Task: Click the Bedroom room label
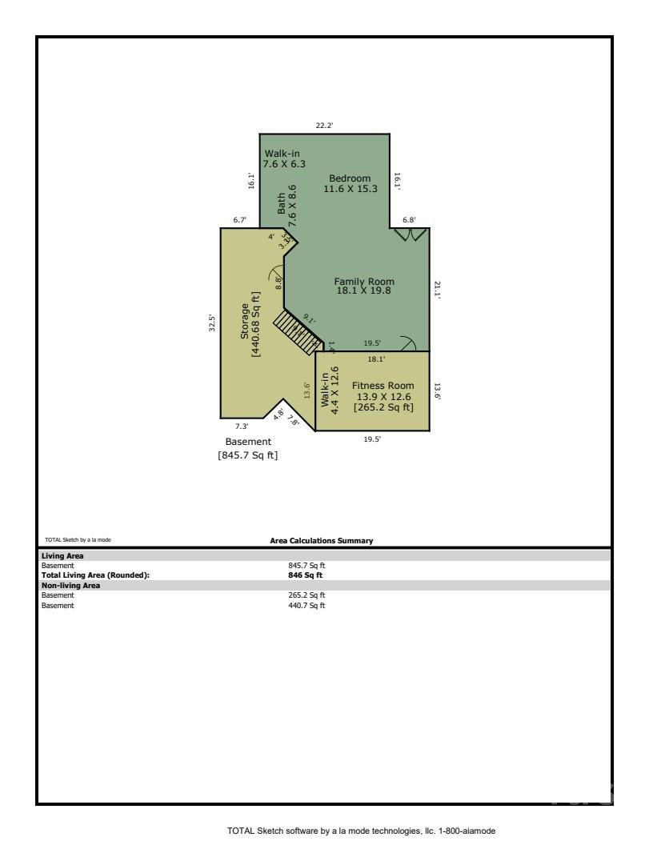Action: point(350,178)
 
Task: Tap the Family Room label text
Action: point(364,282)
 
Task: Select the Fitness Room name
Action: point(383,386)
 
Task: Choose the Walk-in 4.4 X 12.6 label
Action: point(330,387)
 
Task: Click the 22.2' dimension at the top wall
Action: point(324,125)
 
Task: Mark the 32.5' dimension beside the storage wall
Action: point(212,322)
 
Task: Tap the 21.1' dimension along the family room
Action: point(438,289)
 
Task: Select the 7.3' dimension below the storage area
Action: point(242,427)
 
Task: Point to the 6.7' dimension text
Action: point(240,219)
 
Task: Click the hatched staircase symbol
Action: point(297,331)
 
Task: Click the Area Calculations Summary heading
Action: point(322,541)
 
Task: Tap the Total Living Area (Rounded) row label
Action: point(95,575)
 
